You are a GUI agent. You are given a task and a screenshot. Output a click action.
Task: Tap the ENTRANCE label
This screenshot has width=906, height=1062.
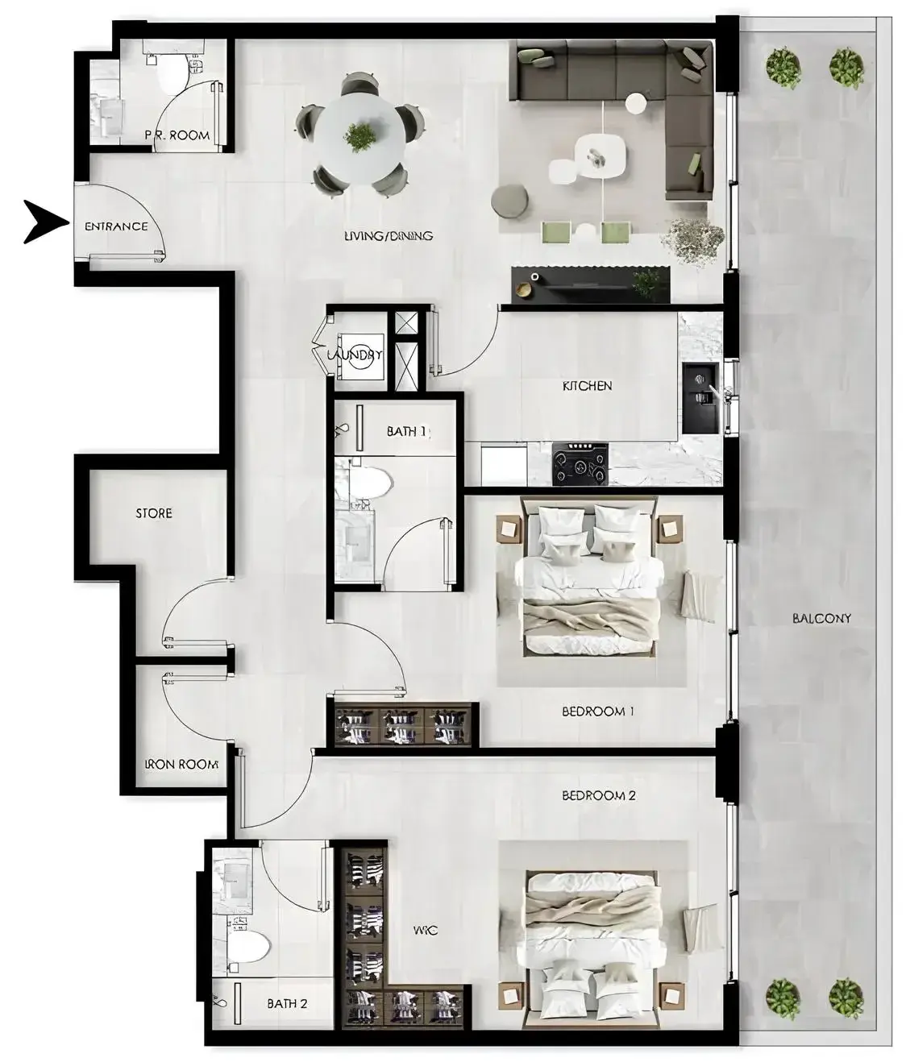pos(116,226)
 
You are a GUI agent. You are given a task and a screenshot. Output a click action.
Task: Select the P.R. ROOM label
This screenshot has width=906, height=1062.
pos(177,135)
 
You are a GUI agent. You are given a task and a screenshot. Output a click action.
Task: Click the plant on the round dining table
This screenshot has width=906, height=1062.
pos(359,137)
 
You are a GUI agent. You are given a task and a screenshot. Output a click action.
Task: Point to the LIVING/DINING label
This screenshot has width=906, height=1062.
pos(389,236)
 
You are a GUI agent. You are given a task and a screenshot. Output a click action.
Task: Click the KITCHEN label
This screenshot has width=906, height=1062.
pos(588,386)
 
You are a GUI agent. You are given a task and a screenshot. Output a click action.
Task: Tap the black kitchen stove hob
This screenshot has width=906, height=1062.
pos(580,464)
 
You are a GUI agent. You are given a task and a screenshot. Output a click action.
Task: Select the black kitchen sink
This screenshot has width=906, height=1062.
pos(701,398)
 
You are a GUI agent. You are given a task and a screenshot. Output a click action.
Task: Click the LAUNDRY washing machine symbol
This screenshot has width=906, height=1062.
pos(361,357)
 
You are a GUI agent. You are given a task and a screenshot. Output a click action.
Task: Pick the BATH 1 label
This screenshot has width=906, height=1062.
pos(407,432)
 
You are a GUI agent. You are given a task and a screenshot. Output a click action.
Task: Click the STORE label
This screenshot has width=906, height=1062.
pos(154,513)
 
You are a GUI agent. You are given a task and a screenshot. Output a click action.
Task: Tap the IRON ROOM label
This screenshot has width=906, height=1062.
pos(182,765)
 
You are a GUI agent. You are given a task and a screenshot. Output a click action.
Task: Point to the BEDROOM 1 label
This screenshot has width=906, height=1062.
pos(597,711)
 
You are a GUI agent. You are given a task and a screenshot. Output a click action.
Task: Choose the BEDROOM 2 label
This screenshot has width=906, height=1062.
pos(599,796)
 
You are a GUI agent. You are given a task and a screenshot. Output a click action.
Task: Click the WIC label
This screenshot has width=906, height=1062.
pos(426,931)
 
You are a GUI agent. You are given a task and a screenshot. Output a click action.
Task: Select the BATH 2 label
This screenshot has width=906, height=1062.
pos(287,1003)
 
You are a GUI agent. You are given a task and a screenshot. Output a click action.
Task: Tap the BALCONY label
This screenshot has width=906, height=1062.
pos(821,619)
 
